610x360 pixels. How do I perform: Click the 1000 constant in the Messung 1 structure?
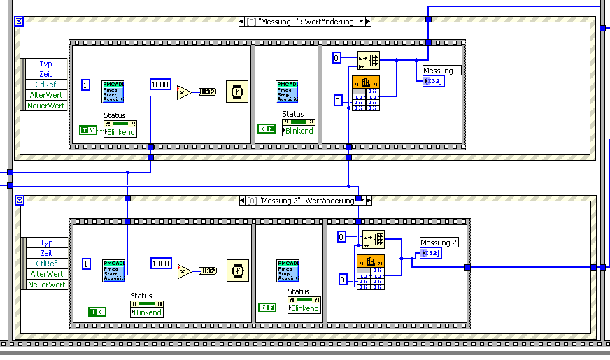[160, 85]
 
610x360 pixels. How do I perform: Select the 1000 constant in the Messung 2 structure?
[161, 264]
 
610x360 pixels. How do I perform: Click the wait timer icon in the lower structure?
[236, 271]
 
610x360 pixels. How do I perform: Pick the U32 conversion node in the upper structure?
[208, 92]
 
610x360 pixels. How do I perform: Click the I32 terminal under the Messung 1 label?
[433, 82]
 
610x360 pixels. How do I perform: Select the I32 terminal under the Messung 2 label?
[430, 253]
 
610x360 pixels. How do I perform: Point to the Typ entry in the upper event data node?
[46, 64]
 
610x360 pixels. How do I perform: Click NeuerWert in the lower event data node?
[46, 285]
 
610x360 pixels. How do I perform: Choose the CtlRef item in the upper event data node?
[46, 85]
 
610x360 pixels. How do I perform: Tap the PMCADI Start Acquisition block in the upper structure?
[113, 92]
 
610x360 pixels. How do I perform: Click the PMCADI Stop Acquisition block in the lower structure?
[288, 271]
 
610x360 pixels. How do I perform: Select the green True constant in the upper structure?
[89, 129]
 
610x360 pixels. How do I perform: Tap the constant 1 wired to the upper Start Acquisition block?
[86, 85]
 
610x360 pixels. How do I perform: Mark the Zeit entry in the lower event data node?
[46, 253]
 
